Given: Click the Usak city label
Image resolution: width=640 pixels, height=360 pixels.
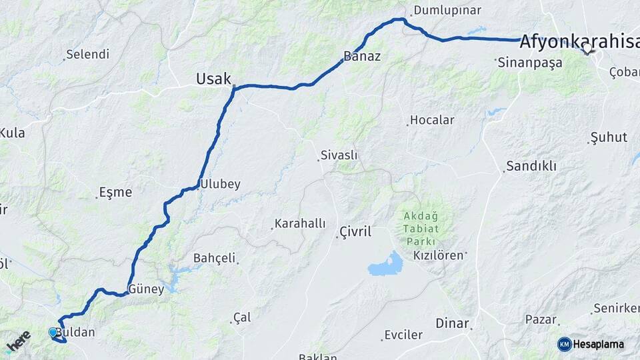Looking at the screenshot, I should [x=213, y=79].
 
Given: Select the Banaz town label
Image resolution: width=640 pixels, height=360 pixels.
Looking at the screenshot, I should [x=362, y=56].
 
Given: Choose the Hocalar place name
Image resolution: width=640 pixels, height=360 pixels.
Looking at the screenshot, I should [x=432, y=121].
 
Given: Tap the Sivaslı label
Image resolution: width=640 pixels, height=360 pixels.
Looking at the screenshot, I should [x=339, y=155].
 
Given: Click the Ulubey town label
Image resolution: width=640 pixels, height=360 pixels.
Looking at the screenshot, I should [x=221, y=184].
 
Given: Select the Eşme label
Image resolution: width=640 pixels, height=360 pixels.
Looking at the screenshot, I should [x=115, y=193].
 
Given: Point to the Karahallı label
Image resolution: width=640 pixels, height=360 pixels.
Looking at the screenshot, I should [x=300, y=224].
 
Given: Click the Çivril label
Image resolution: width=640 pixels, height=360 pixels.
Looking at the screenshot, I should [x=355, y=232].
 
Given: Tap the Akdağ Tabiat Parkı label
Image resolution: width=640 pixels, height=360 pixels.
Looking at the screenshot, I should [x=419, y=229].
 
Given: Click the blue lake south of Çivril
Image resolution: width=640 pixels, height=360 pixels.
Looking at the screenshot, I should [x=386, y=265].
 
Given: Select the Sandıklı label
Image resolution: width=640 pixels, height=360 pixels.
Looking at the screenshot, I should [x=531, y=166].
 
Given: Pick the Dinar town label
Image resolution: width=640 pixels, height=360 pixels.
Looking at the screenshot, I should [x=453, y=323].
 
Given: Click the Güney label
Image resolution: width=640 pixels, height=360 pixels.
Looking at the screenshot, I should [x=146, y=289].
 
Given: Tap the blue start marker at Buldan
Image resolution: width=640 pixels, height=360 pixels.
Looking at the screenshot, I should [x=53, y=331].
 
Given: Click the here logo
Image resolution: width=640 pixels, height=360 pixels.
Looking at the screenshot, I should [x=18, y=341].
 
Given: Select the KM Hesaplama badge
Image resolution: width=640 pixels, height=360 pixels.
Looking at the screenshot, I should [x=591, y=344].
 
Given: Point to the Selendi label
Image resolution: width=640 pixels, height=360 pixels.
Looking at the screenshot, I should [x=87, y=55].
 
